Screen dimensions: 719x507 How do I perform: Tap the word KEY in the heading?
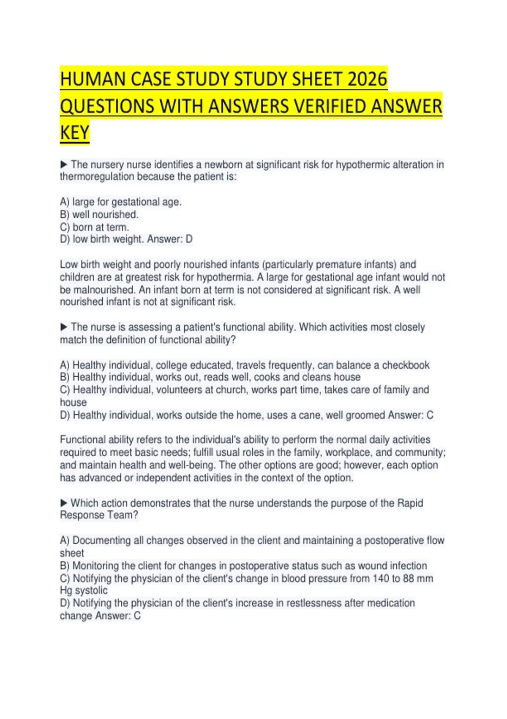click(x=75, y=132)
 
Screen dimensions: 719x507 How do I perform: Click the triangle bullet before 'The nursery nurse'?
click(x=64, y=164)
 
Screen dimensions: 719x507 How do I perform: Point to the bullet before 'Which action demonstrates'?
click(x=64, y=503)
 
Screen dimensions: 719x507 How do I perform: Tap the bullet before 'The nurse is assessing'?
click(x=64, y=327)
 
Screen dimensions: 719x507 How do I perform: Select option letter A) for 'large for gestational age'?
click(x=65, y=202)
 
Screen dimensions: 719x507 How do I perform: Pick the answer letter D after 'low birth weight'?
click(x=189, y=239)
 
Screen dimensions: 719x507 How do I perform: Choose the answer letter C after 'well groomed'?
click(x=430, y=415)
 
